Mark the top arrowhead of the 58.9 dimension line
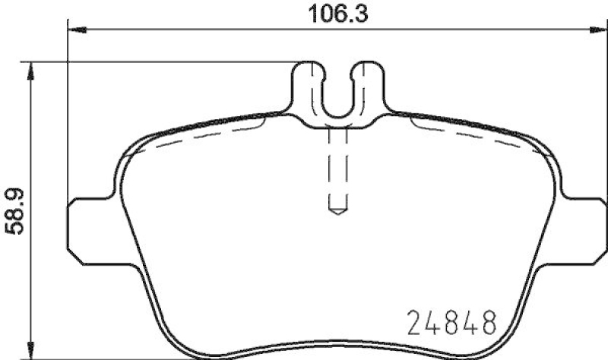click(x=30, y=71)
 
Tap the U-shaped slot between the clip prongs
click(x=338, y=99)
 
